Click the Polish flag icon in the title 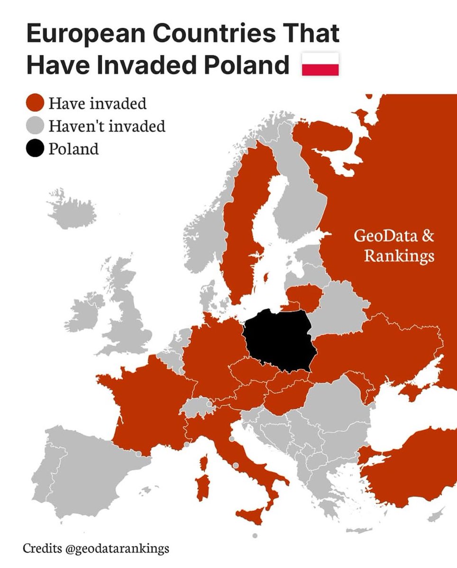[x=320, y=64]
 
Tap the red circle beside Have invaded [x=35, y=103]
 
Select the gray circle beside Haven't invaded [x=35, y=126]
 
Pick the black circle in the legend [x=35, y=149]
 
